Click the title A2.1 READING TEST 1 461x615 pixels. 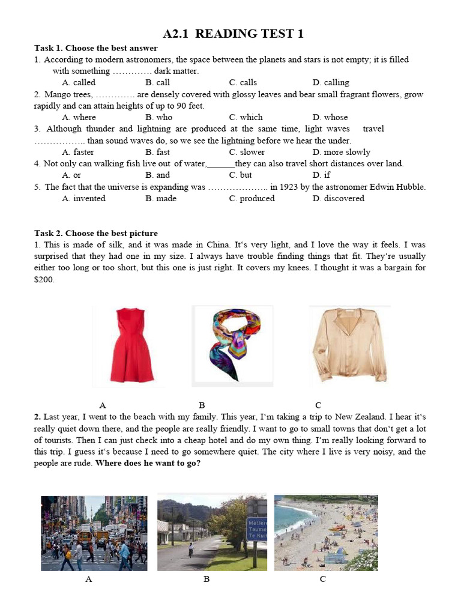click(x=233, y=34)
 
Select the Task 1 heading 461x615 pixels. click(x=96, y=48)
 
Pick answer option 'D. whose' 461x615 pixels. click(x=330, y=117)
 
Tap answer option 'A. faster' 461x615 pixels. click(x=78, y=152)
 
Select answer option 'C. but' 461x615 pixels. click(x=240, y=175)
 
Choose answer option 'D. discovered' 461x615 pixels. click(x=338, y=198)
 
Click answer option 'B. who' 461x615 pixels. click(x=158, y=117)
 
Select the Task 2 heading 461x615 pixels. click(x=96, y=233)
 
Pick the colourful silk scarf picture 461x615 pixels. click(x=232, y=345)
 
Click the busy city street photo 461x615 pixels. click(x=94, y=533)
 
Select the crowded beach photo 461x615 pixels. click(x=326, y=532)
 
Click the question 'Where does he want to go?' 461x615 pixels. click(x=148, y=464)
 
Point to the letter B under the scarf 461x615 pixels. click(x=202, y=405)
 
